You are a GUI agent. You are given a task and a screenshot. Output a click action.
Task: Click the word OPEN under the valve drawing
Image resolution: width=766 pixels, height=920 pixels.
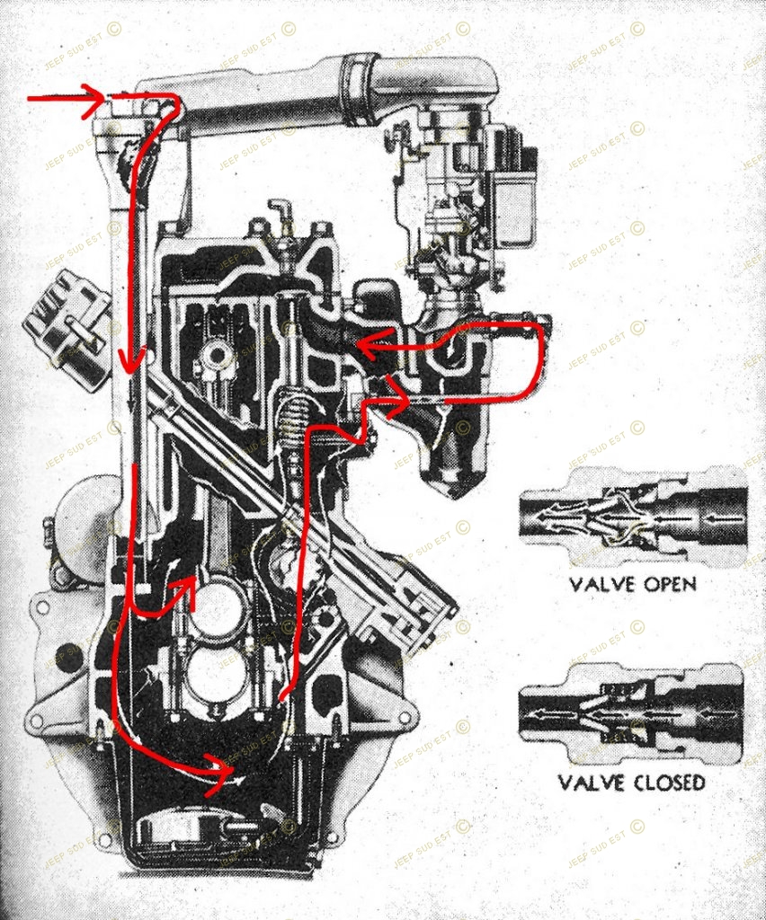coord(667,584)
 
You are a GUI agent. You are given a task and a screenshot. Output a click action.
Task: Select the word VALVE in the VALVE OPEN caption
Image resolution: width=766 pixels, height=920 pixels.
coord(600,584)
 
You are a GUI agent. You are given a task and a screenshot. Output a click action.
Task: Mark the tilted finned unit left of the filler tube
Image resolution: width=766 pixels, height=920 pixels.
coord(67,328)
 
